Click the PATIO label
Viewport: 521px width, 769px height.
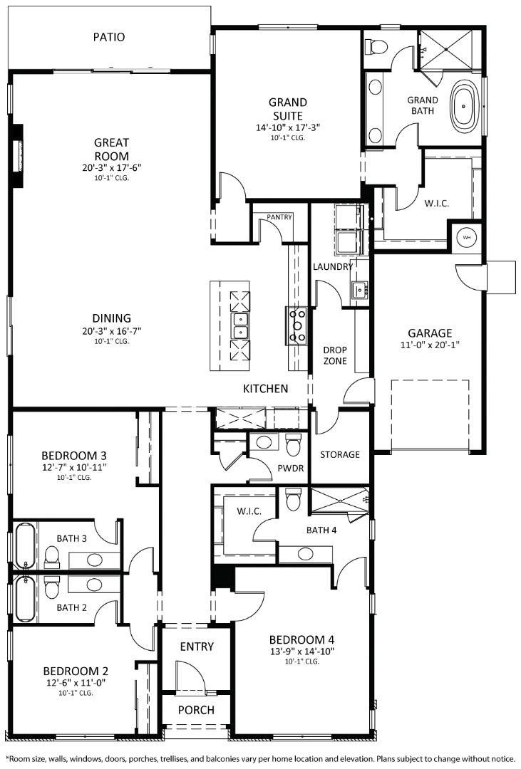click(x=108, y=36)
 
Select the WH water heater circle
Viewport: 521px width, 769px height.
click(x=467, y=237)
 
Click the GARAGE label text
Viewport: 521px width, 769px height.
click(x=430, y=333)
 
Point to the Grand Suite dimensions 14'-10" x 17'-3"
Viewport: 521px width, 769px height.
click(x=288, y=127)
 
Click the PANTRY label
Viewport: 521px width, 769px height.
click(x=279, y=216)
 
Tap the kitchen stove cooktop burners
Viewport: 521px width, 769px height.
click(x=296, y=325)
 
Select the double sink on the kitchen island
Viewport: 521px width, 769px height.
click(x=241, y=325)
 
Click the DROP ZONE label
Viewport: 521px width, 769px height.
click(x=335, y=355)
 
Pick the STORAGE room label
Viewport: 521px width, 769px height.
click(x=339, y=454)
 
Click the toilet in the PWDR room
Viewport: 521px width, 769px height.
click(x=293, y=446)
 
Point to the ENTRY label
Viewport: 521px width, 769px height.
click(x=197, y=647)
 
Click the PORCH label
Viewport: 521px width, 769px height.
click(x=197, y=710)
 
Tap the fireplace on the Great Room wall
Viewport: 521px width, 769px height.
click(x=18, y=155)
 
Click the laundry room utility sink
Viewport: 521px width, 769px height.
click(x=358, y=289)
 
